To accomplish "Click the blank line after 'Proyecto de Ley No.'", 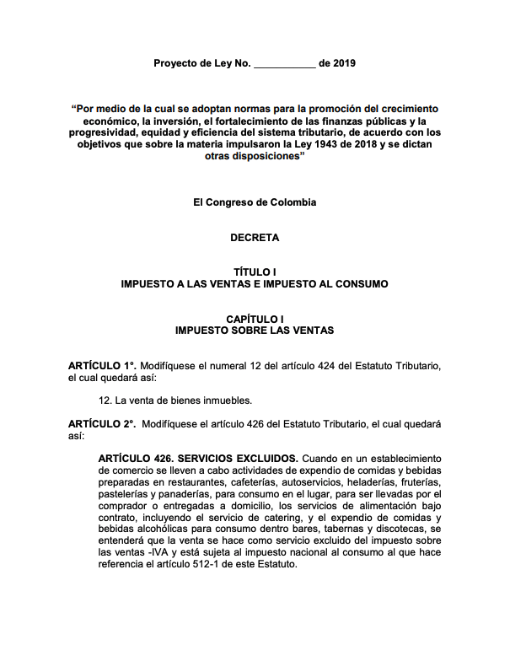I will [x=284, y=64].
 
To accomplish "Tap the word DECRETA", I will [x=255, y=238].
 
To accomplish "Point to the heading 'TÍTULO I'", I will [x=255, y=272].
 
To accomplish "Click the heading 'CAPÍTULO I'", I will [x=255, y=319].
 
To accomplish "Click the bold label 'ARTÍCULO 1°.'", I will [x=102, y=367].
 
